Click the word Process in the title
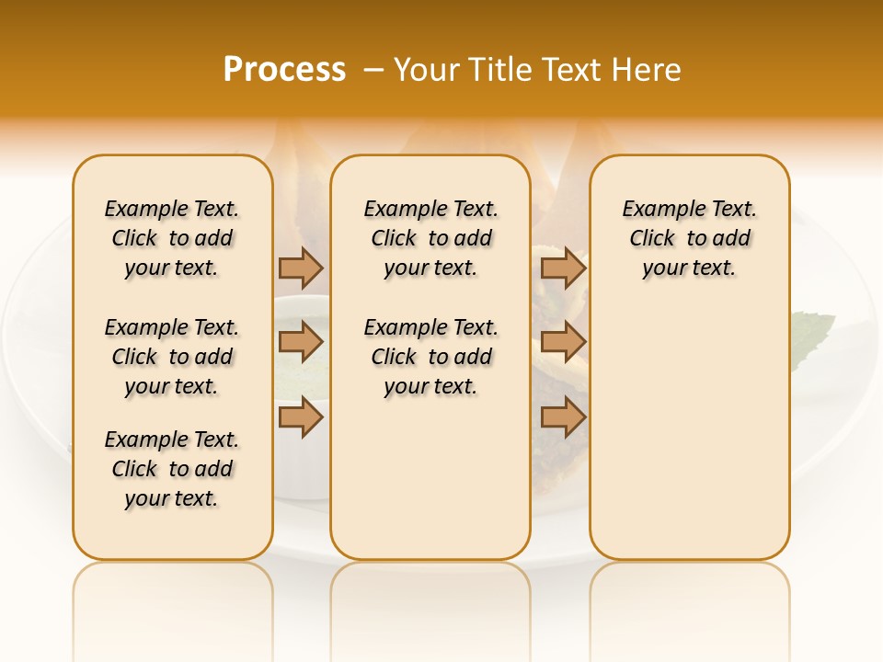tap(284, 69)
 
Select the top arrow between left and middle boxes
tap(301, 268)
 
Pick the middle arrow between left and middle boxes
tap(301, 342)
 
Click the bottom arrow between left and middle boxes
tap(301, 417)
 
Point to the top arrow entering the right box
tap(564, 268)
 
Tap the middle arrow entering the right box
tap(564, 342)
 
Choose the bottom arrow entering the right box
tap(564, 417)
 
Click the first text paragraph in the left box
tap(172, 238)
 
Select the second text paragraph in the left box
tap(172, 357)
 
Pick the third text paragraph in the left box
tap(172, 469)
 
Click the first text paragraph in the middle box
tap(430, 238)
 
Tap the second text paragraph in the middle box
tap(430, 357)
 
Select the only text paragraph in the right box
tap(690, 238)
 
